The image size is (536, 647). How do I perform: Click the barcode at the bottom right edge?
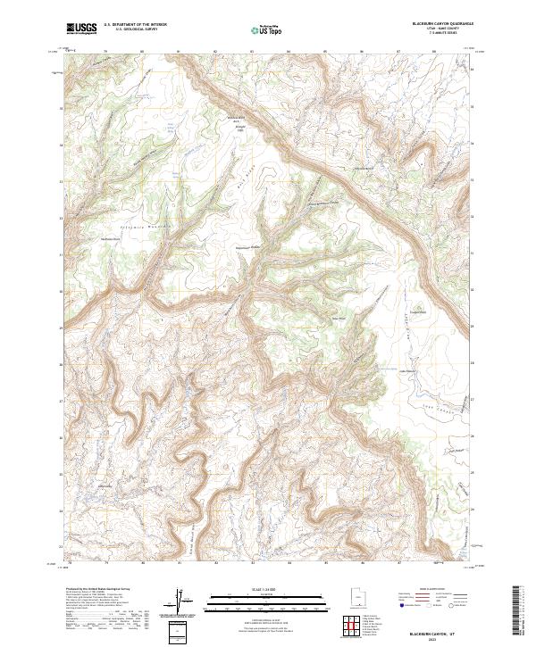coord(516,609)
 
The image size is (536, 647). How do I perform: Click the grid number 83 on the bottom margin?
coord(253,563)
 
